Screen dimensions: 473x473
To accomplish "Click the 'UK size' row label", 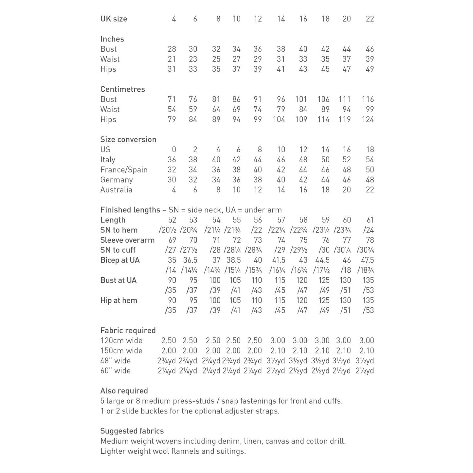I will click(114, 19).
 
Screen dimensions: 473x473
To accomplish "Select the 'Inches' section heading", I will click(112, 39).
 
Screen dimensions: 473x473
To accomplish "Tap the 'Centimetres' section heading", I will click(122, 89).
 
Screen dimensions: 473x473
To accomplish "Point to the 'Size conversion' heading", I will click(128, 139).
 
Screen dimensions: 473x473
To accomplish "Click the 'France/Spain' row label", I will click(124, 170).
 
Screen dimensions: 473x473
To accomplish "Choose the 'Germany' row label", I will click(117, 180).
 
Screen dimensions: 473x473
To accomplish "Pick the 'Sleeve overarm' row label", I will click(127, 240).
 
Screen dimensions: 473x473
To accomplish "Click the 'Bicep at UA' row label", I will click(120, 260).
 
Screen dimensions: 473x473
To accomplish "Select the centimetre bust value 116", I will click(368, 100).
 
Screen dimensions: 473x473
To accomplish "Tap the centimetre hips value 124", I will click(368, 119).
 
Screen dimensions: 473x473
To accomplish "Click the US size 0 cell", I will click(174, 150).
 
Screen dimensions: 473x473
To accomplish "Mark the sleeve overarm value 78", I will click(370, 240).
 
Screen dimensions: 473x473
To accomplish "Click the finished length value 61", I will click(370, 220).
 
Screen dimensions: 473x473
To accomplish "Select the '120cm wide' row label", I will click(121, 341).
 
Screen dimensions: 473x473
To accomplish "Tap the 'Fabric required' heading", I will click(128, 331).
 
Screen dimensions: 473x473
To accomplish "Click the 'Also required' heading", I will click(124, 391).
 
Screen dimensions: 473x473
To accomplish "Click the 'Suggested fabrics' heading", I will click(132, 431).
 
